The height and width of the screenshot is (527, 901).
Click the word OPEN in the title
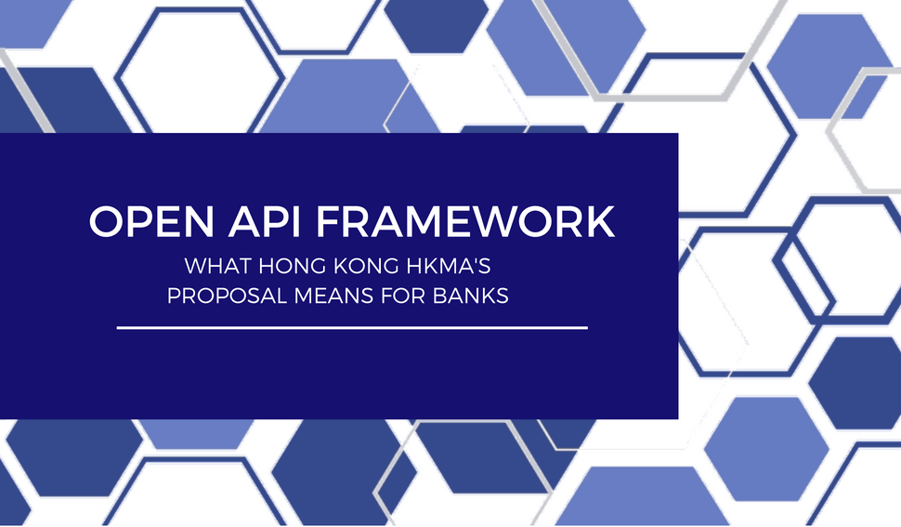[x=148, y=223]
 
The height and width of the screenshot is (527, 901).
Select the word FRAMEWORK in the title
[x=464, y=223]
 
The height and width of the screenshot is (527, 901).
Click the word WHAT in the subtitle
[x=211, y=267]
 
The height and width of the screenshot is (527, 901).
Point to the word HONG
[x=277, y=267]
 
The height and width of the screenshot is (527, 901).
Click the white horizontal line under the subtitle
[x=352, y=327]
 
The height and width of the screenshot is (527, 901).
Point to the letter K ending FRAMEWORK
[x=602, y=223]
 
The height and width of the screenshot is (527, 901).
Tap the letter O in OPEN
[x=105, y=223]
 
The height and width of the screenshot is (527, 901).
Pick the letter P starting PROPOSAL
[x=174, y=296]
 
